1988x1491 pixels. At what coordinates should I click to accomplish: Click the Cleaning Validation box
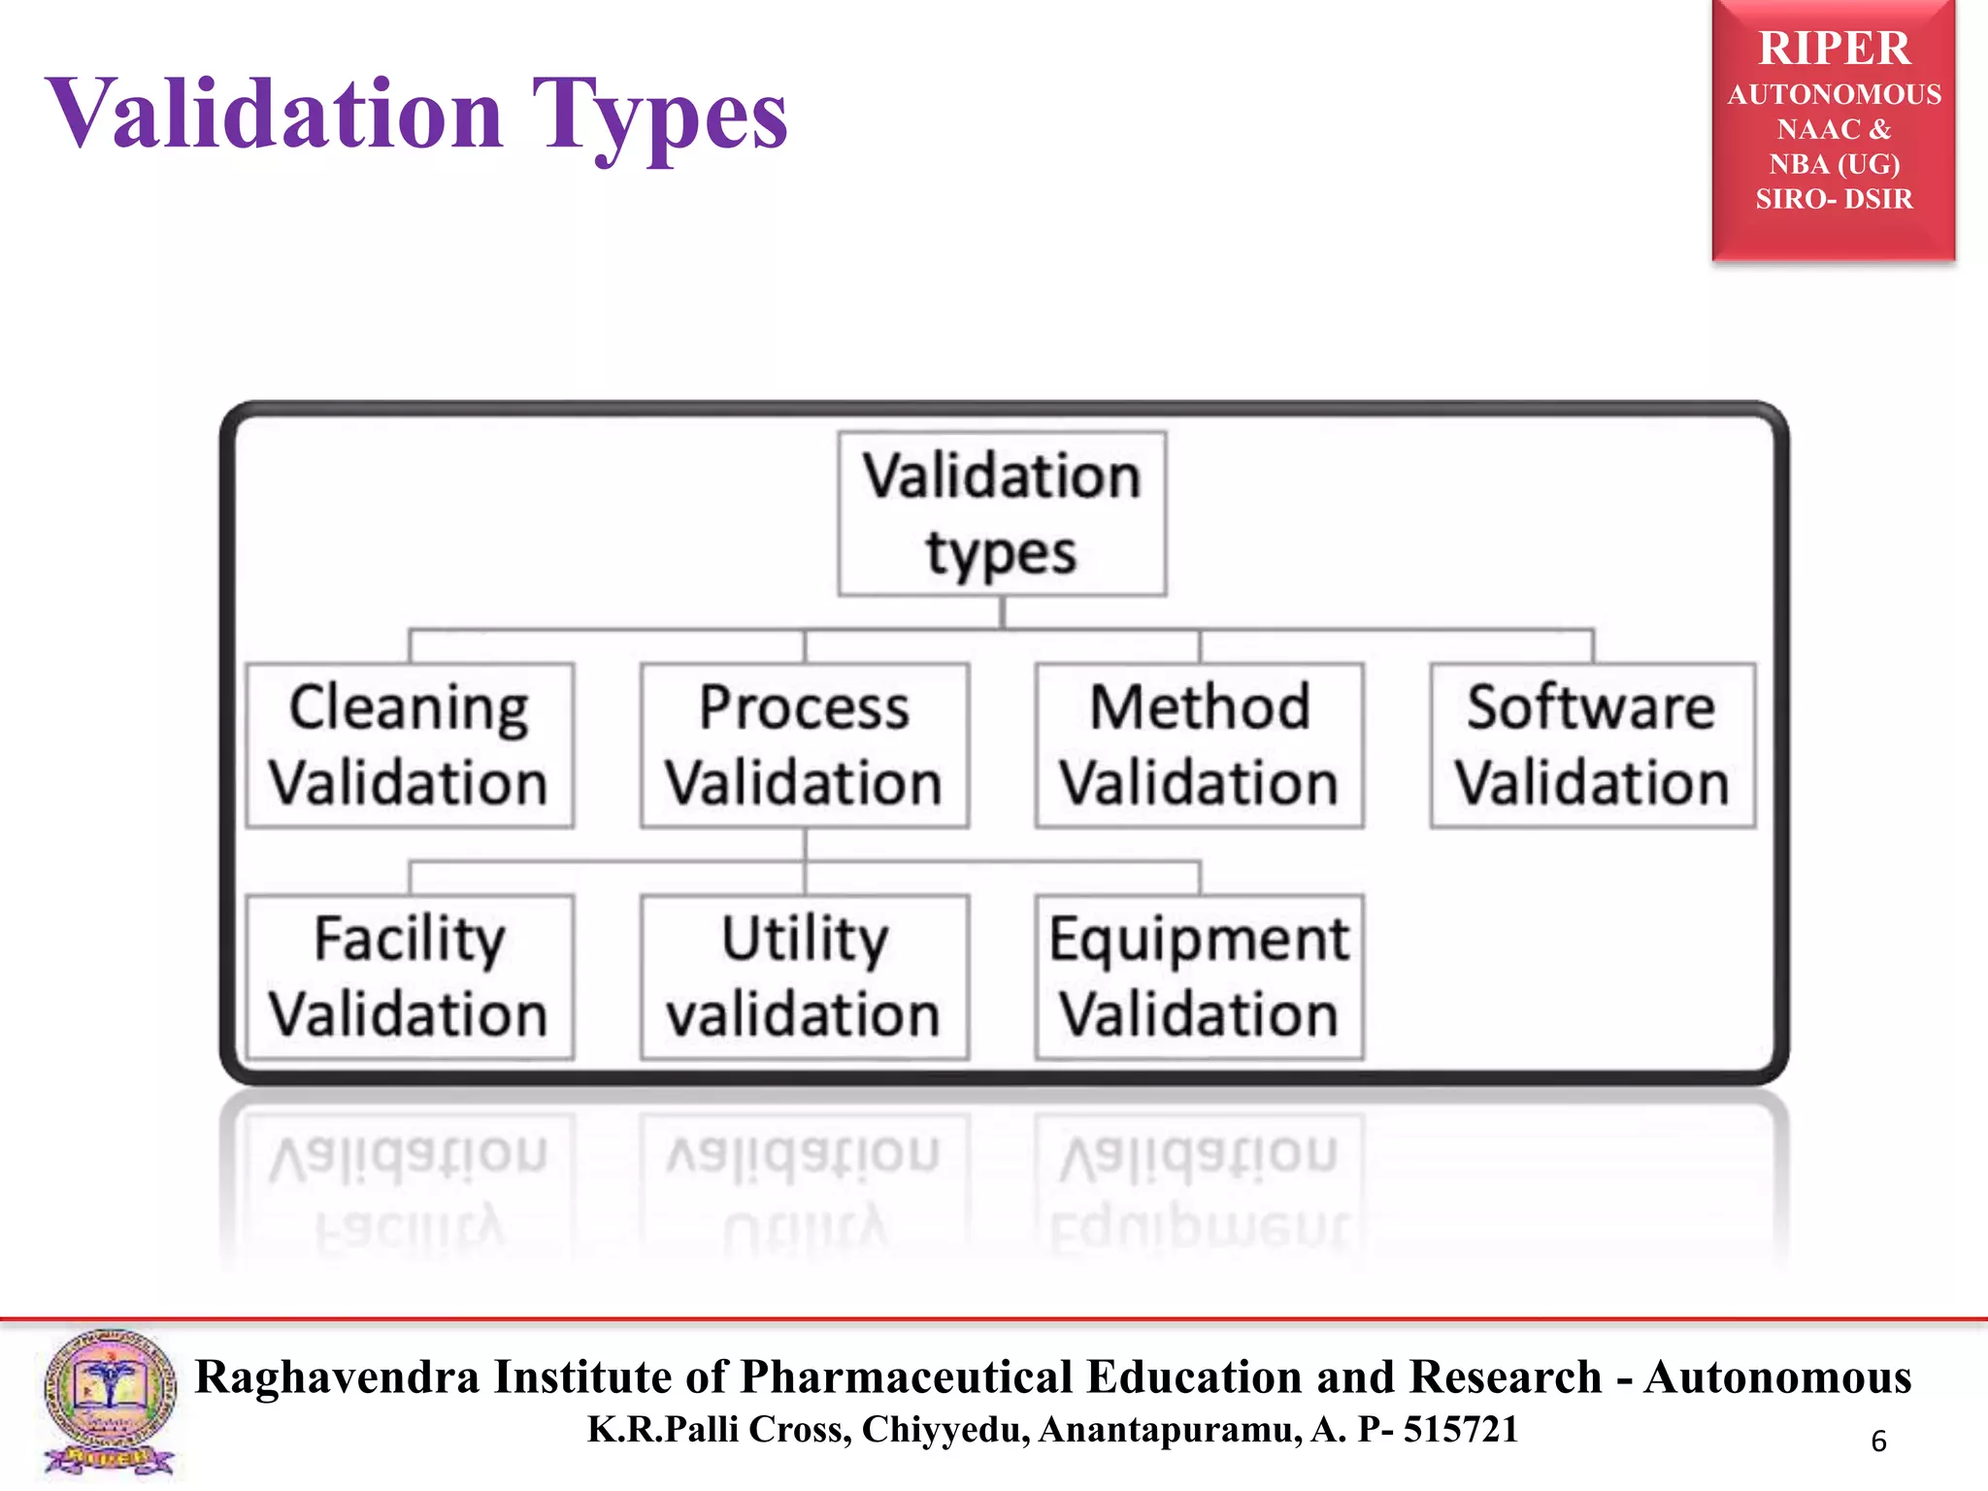tap(410, 745)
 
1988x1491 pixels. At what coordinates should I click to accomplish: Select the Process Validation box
tap(805, 745)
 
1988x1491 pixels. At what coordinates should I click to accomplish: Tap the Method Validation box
tap(1200, 745)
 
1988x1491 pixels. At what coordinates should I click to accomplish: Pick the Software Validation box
tap(1593, 745)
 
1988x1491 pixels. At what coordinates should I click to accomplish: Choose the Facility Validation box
tap(410, 976)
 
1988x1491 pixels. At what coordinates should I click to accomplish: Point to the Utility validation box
tap(805, 976)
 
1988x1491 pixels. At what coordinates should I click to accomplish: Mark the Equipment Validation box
tap(1200, 976)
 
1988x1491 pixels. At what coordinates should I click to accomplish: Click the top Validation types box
tap(1003, 514)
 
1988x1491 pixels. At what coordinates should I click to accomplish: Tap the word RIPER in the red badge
tap(1834, 49)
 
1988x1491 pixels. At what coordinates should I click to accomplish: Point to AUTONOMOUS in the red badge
tap(1834, 95)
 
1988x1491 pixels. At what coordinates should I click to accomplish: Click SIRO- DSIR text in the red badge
tap(1834, 199)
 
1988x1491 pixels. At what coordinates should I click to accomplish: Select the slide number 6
tap(1878, 1441)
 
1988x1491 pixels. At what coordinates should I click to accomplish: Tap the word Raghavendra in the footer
tap(337, 1377)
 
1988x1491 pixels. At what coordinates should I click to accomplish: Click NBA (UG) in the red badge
tap(1834, 164)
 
